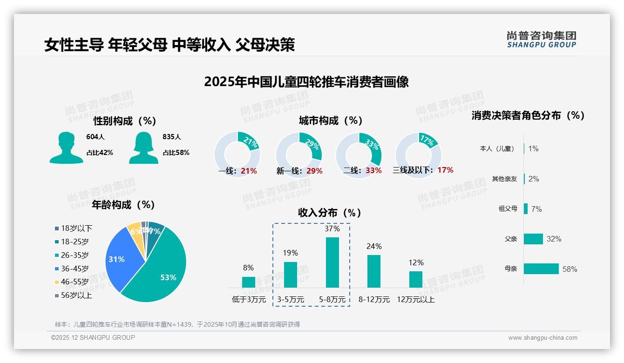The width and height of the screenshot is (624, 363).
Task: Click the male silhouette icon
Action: pyautogui.click(x=66, y=148)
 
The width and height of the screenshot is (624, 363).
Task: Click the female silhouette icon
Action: pyautogui.click(x=143, y=148)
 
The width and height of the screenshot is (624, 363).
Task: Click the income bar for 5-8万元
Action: pyautogui.click(x=332, y=262)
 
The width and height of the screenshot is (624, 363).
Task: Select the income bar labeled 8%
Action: pyautogui.click(x=249, y=282)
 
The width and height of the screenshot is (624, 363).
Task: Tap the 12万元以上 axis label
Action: pyautogui.click(x=415, y=300)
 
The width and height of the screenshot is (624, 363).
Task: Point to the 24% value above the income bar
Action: pyautogui.click(x=374, y=246)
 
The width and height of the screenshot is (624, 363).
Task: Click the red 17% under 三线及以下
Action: pyautogui.click(x=445, y=170)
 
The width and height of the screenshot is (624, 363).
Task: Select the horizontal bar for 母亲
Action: pyautogui.click(x=541, y=269)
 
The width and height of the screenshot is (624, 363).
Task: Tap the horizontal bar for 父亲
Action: pyautogui.click(x=533, y=239)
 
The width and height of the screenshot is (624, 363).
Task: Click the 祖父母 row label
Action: pyautogui.click(x=508, y=209)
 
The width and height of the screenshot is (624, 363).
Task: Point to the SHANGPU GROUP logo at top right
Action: pyautogui.click(x=541, y=40)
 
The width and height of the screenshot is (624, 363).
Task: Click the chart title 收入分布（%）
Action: pyautogui.click(x=330, y=213)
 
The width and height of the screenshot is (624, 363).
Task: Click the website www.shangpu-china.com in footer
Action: pyautogui.click(x=543, y=338)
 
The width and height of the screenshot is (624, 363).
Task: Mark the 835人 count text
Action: pyautogui.click(x=171, y=137)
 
